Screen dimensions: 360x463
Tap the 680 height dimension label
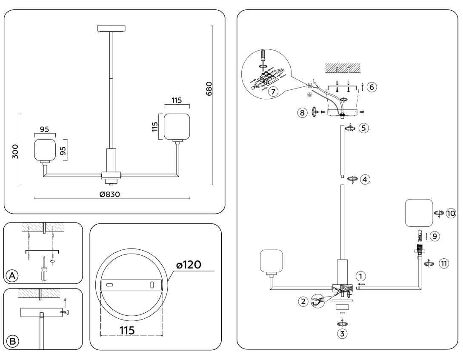pos(209,88)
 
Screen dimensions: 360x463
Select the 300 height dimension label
pos(15,151)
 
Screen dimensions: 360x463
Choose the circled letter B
pos(13,341)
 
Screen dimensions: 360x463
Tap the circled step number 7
pos(273,91)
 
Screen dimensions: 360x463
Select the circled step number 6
pos(371,87)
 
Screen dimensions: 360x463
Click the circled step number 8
pos(302,113)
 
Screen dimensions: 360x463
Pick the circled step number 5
pos(363,128)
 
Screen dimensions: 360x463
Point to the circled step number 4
pos(364,179)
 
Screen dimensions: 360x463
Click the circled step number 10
pos(451,213)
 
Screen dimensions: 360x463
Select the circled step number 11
pos(444,264)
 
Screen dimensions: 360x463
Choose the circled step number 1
pos(361,276)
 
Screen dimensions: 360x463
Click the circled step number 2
pos(303,302)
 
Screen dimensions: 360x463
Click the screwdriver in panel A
pos(43,269)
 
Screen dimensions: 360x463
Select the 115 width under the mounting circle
pos(127,330)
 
